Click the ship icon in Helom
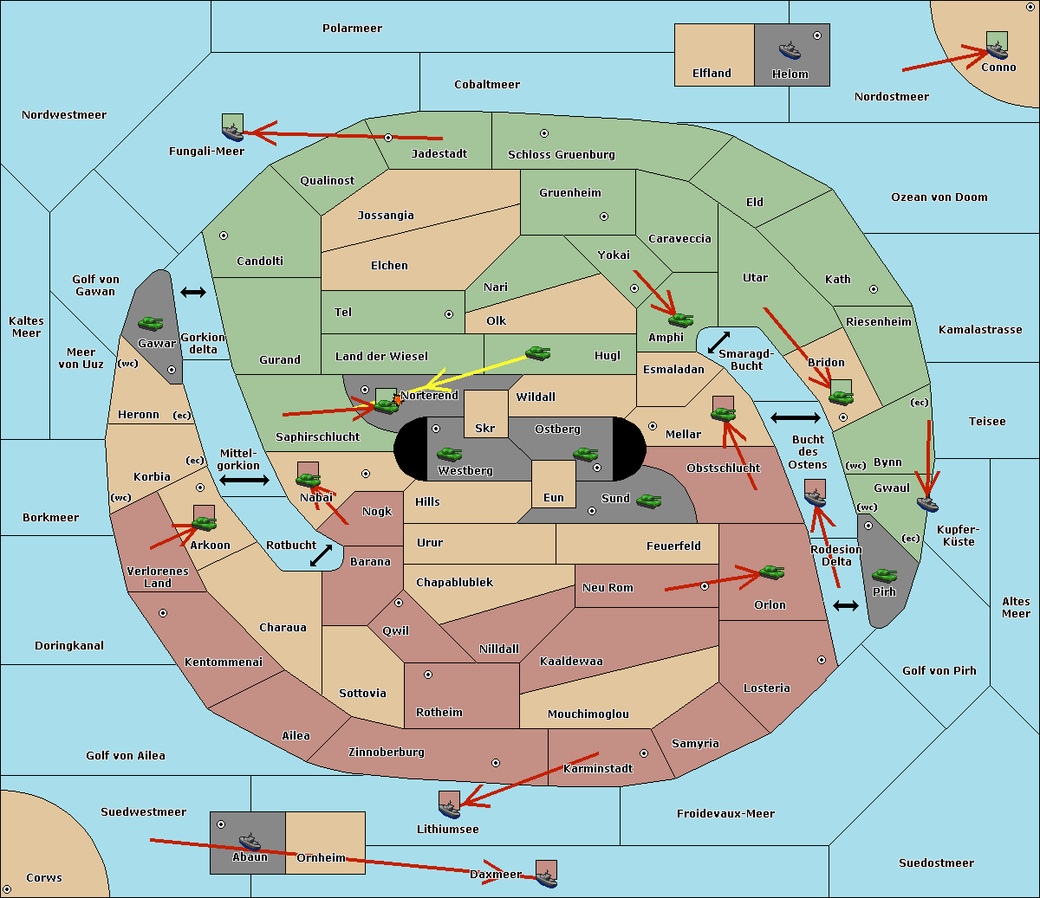tap(790, 50)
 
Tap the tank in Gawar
tap(151, 323)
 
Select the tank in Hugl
tap(537, 352)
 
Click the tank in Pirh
tap(884, 575)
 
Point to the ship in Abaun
tap(250, 842)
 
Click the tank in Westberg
tap(449, 454)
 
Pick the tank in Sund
tap(648, 501)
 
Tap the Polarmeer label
tap(352, 29)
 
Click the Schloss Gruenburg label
tap(561, 154)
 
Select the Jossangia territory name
tap(386, 216)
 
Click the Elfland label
tap(712, 74)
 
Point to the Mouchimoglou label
tap(588, 714)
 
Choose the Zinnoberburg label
tap(387, 753)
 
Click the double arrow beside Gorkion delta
tap(193, 292)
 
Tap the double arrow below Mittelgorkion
tap(244, 481)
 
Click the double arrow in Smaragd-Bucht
tap(718, 342)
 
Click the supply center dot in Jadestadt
tap(388, 138)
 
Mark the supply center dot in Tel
tap(449, 314)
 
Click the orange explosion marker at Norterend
tap(398, 400)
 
